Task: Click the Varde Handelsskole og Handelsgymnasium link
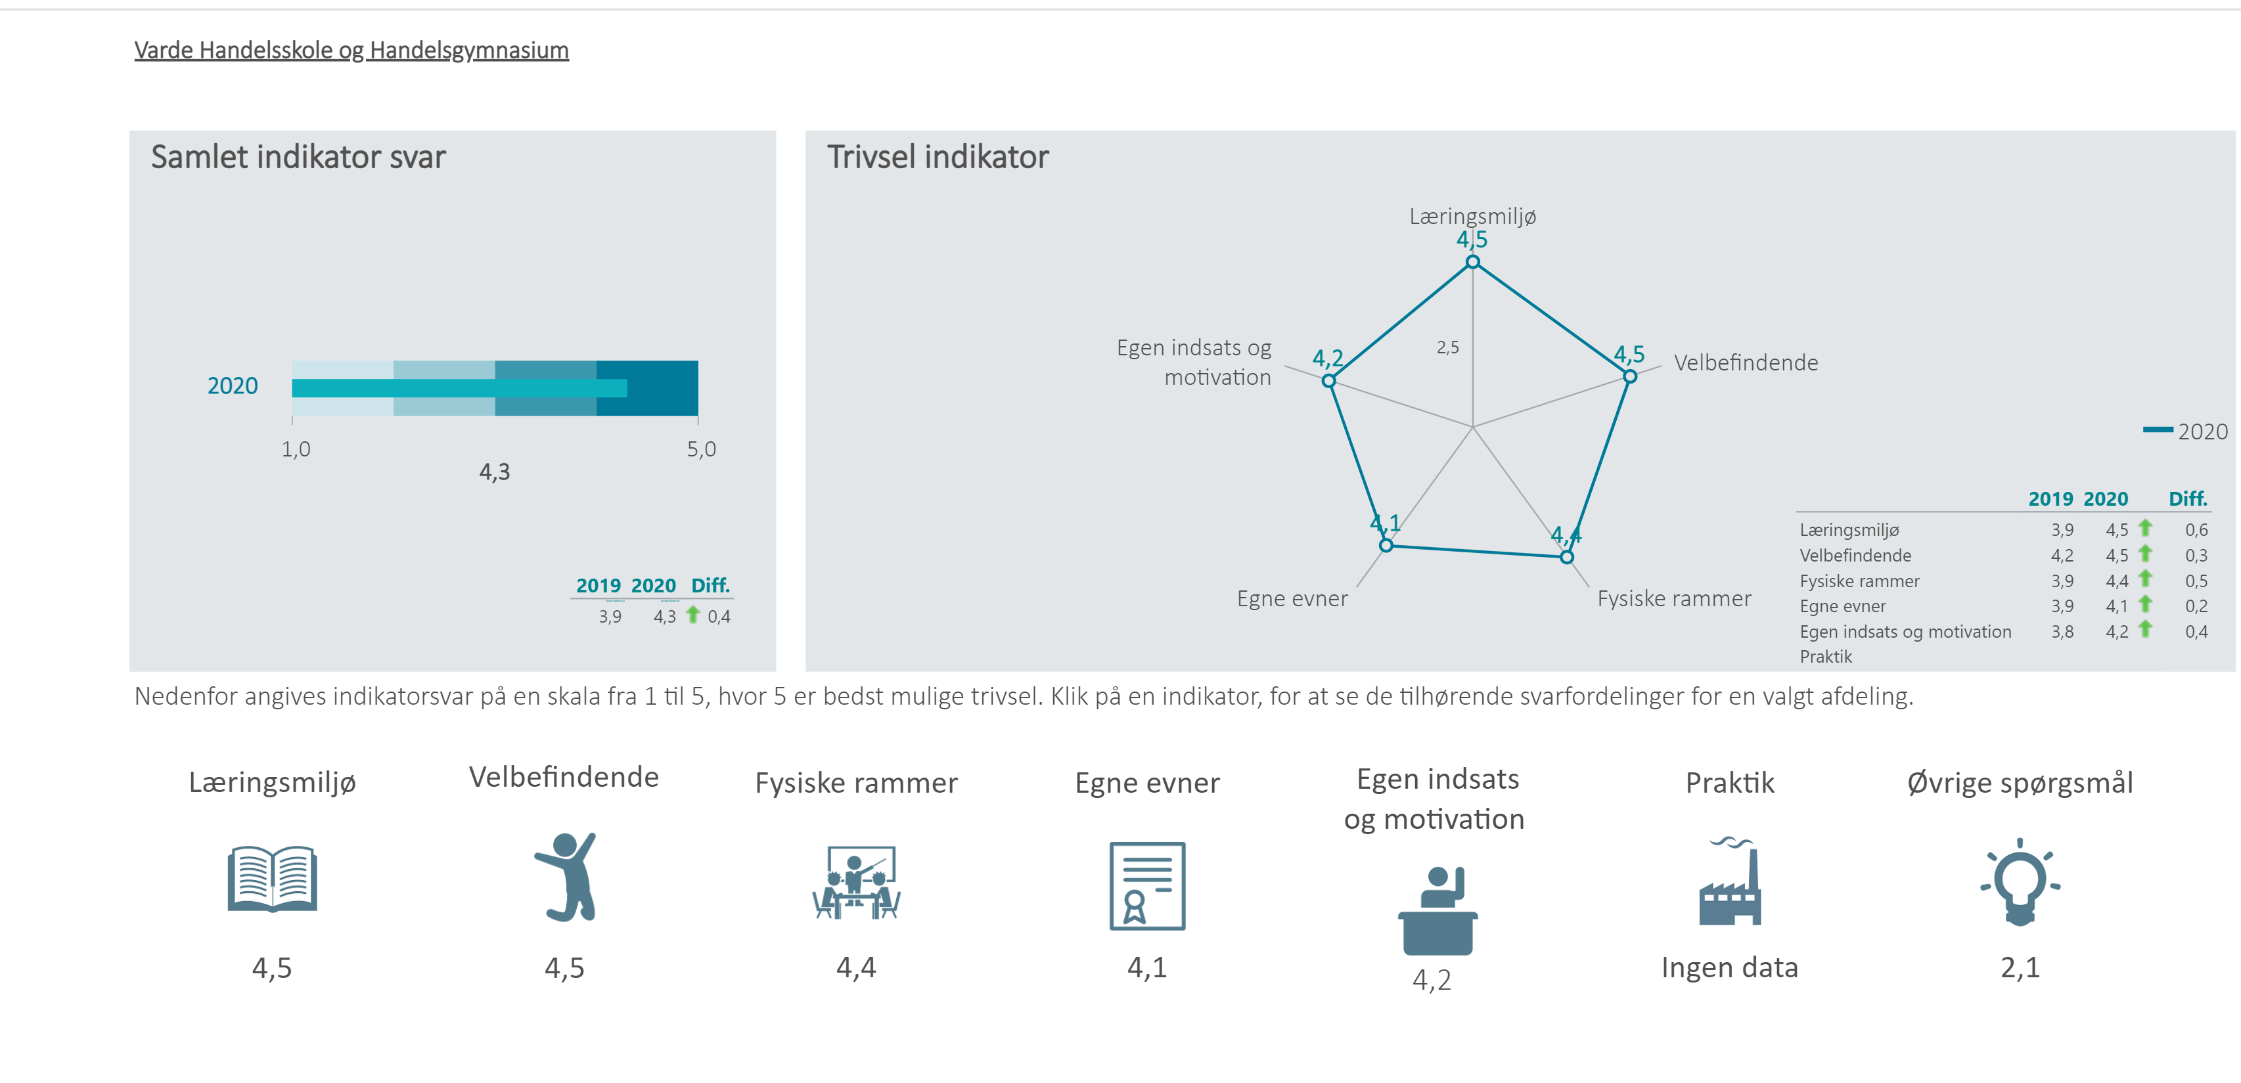pyautogui.click(x=351, y=51)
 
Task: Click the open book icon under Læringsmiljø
pyautogui.click(x=272, y=879)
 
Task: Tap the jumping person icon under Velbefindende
pyautogui.click(x=566, y=877)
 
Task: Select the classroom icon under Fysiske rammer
pyautogui.click(x=857, y=882)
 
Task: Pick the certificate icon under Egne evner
pyautogui.click(x=1148, y=885)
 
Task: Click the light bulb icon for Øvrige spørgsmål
pyautogui.click(x=2020, y=882)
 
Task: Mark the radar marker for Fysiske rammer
pyautogui.click(x=1567, y=557)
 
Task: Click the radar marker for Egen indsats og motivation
pyautogui.click(x=1328, y=380)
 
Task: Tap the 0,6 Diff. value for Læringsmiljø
pyautogui.click(x=2196, y=530)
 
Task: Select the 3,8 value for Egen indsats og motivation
pyautogui.click(x=2063, y=632)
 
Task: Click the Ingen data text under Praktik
pyautogui.click(x=1729, y=967)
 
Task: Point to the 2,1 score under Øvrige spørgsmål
pyautogui.click(x=2020, y=967)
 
